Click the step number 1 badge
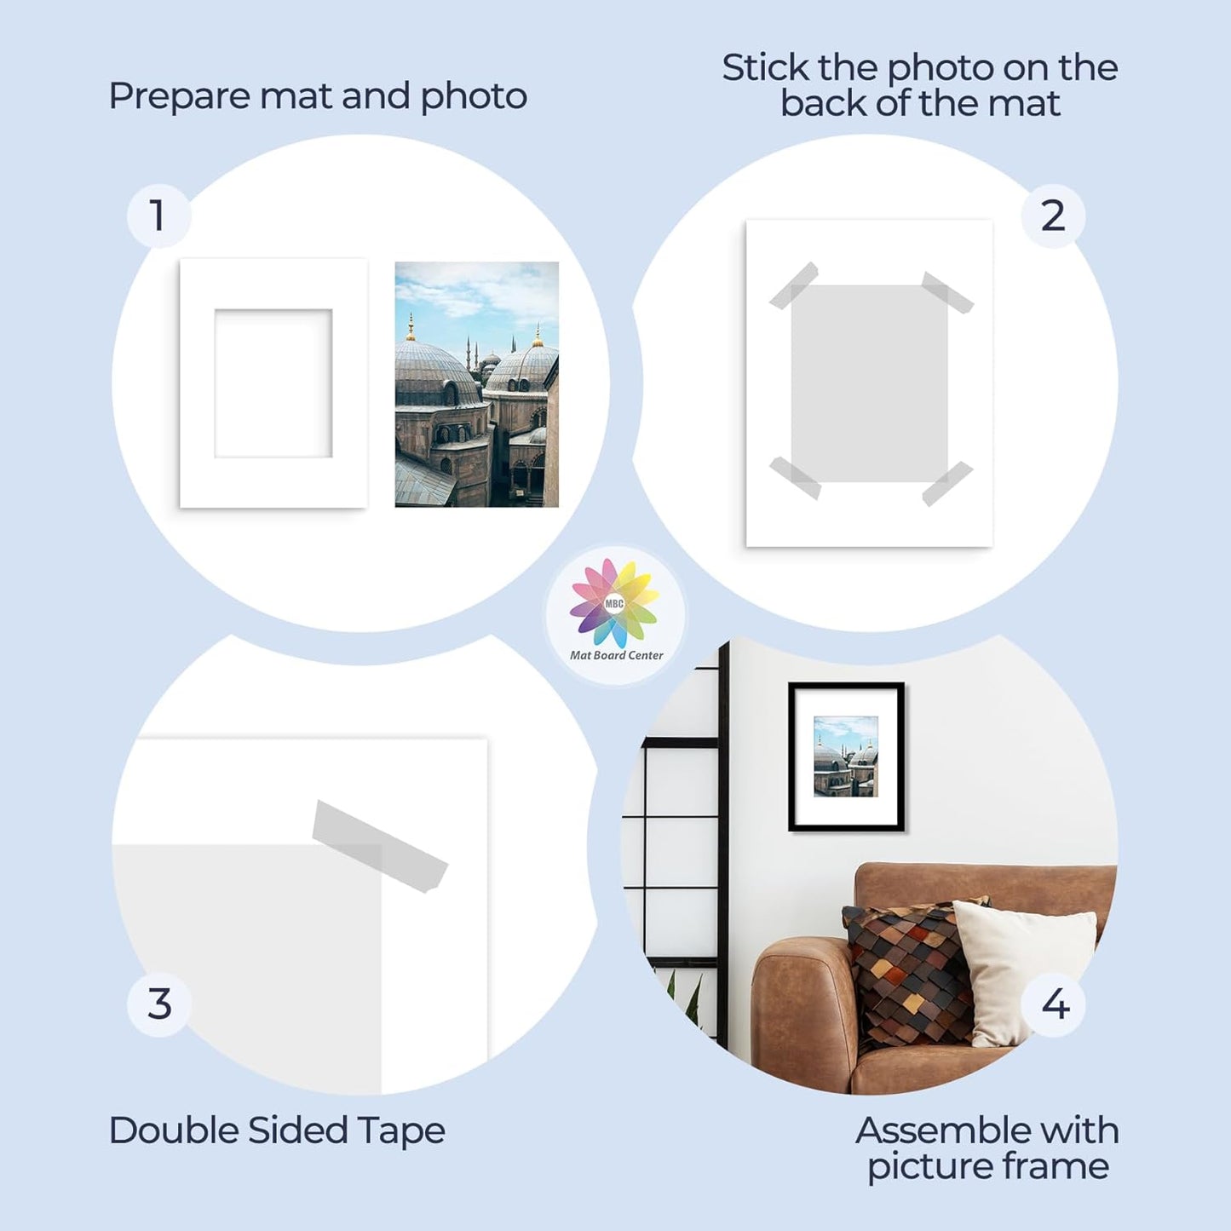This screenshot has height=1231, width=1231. [158, 216]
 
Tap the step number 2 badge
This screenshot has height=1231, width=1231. [1053, 216]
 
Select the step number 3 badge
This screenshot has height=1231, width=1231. [159, 1004]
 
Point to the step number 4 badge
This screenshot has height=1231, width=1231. [1055, 1004]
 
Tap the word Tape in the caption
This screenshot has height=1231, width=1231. [400, 1131]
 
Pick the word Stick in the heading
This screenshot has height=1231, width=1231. [765, 68]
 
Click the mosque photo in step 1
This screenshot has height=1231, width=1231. [476, 384]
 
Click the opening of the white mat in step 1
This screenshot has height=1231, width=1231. [273, 383]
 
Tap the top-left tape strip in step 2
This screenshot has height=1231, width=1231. [793, 285]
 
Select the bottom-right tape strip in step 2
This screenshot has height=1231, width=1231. [946, 483]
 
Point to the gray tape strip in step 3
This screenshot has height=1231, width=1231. [379, 846]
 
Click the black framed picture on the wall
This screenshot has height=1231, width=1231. [846, 756]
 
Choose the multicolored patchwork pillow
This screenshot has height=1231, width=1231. [907, 971]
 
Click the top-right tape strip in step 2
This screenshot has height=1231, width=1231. [947, 293]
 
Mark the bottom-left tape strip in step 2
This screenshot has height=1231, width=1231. [796, 478]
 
